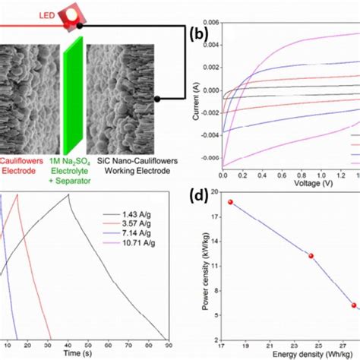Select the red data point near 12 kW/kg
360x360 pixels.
pos(311,256)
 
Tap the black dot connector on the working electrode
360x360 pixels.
pos(156,99)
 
